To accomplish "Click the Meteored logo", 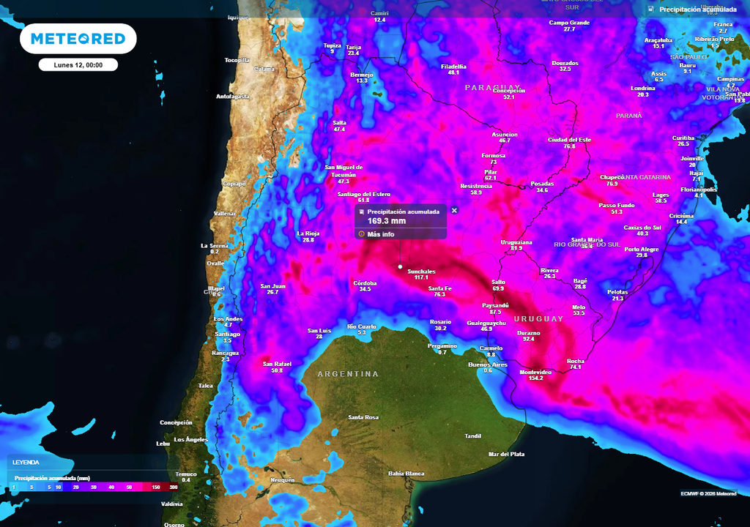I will tap(78, 39).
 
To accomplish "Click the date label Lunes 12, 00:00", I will tap(78, 65).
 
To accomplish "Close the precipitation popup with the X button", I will tap(454, 210).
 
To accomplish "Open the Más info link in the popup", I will tap(380, 234).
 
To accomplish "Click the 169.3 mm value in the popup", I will tap(386, 221).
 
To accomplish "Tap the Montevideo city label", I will tap(535, 372).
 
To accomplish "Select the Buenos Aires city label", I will tap(488, 365).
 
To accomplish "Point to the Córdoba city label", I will tap(365, 283).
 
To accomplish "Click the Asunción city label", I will tap(504, 135).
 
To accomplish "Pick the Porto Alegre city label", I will tap(641, 249).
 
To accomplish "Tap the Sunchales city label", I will tap(421, 272).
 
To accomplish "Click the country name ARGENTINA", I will tap(348, 374).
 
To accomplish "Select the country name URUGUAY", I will tap(538, 319).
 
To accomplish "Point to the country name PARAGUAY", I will tap(492, 87).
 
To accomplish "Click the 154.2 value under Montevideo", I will tap(535, 378).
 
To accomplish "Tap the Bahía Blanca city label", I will tap(406, 474).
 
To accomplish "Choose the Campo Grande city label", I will tap(569, 23).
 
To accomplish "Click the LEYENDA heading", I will tap(26, 463).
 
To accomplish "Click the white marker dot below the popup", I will tap(400, 266).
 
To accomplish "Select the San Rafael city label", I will tap(277, 364).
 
